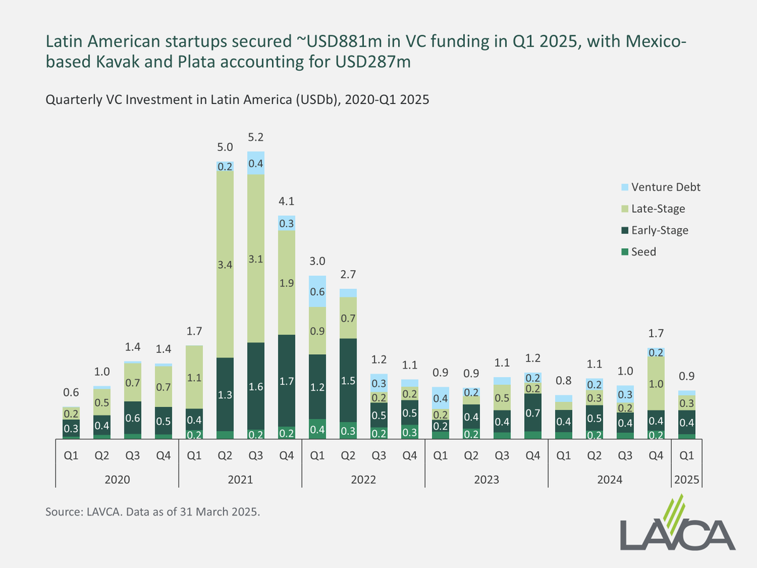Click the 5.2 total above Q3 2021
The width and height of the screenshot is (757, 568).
click(256, 138)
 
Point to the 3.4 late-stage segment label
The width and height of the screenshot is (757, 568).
click(225, 266)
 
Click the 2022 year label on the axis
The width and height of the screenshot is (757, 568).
click(363, 479)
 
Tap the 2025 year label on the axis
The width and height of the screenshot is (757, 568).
click(686, 479)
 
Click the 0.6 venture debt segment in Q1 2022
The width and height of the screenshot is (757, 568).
click(317, 292)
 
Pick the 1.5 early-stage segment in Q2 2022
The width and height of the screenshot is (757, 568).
click(348, 380)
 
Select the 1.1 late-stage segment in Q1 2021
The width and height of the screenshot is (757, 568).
click(194, 377)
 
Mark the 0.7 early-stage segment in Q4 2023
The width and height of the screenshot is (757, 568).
click(532, 413)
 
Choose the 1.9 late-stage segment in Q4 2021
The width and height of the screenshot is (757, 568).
click(286, 283)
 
